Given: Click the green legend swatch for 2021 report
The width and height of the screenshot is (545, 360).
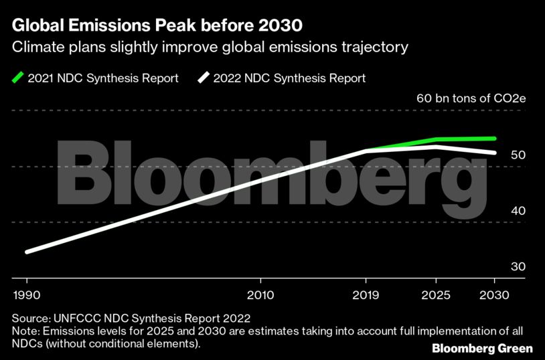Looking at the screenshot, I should click(17, 78).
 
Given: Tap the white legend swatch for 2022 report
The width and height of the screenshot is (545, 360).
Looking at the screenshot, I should click(203, 78).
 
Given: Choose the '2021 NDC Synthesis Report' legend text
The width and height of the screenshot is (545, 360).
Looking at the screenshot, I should click(103, 78).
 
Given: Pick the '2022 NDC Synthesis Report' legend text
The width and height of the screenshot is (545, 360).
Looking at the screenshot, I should click(289, 78).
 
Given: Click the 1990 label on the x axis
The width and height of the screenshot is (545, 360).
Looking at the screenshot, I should click(27, 295).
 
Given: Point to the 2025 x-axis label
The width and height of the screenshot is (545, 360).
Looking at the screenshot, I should click(437, 295).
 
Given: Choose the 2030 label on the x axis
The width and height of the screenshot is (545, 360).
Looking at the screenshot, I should click(495, 295).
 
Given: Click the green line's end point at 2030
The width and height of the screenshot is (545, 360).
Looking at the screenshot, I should click(494, 139).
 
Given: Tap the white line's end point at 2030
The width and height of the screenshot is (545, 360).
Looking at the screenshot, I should click(494, 153).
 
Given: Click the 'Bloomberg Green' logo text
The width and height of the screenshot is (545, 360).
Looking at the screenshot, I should click(482, 348).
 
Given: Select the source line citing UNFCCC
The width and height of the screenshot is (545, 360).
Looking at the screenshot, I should click(133, 318).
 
